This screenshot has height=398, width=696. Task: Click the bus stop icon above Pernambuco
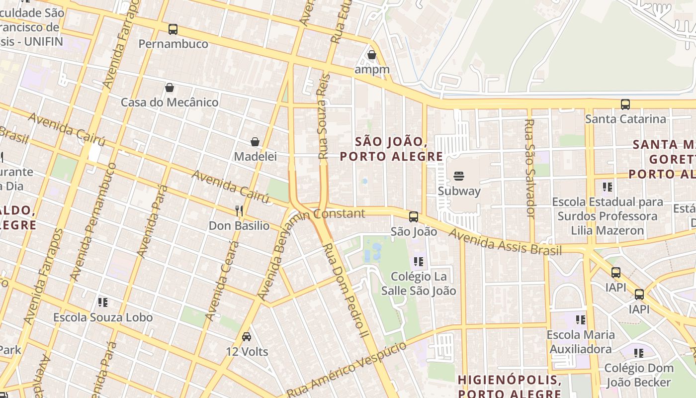coord(173,29)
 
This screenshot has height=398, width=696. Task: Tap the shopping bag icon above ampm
coord(371,55)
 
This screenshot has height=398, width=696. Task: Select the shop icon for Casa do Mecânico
coord(170,88)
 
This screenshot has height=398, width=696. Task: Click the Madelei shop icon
coord(255,142)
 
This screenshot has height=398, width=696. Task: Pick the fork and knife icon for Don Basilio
coord(239,211)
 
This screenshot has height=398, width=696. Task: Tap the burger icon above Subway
coord(459,176)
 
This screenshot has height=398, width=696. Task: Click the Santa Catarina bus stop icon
coord(625,104)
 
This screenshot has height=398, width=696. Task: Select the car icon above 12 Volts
coord(246,337)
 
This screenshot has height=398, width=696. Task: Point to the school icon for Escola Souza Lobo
coord(103,302)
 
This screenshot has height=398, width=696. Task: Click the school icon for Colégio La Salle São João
coord(419,261)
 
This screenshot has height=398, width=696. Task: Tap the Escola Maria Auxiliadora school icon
coord(581,320)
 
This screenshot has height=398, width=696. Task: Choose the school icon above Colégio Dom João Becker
coord(639,353)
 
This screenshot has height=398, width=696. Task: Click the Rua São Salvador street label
coord(529,168)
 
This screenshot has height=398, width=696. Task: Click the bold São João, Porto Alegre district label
coord(391,149)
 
